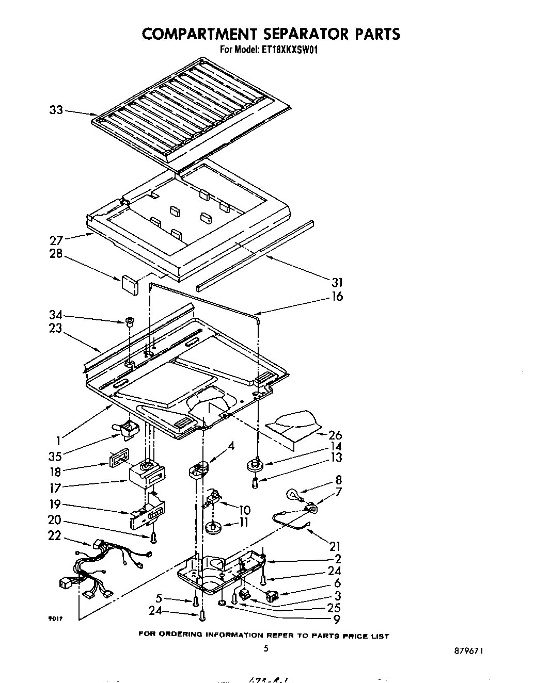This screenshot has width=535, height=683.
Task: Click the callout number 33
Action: point(56,110)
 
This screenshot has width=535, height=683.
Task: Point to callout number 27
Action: point(56,240)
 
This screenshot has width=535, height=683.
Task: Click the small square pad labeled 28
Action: point(130,284)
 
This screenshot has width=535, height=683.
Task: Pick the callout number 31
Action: point(337,282)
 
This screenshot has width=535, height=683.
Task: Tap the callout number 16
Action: point(337,296)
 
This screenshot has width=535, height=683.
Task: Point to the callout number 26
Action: point(335,435)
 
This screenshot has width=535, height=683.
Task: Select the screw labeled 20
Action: point(153,539)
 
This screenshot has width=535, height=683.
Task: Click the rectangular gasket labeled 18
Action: point(118,459)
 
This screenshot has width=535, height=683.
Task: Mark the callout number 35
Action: point(56,456)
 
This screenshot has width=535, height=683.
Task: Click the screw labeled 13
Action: point(255,482)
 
